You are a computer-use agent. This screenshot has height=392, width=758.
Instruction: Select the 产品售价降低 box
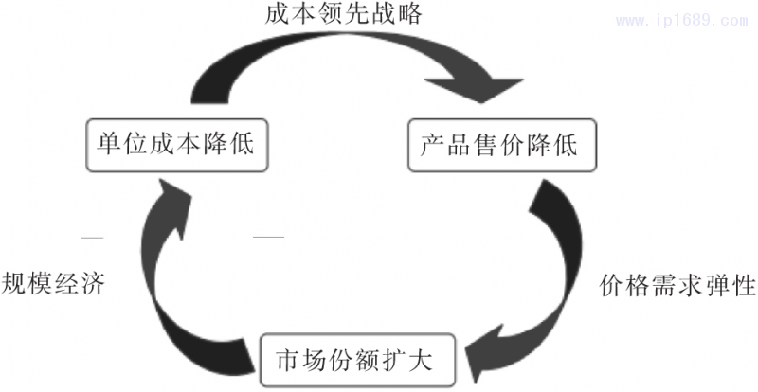(497, 145)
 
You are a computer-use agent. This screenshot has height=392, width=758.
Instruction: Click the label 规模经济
(52, 282)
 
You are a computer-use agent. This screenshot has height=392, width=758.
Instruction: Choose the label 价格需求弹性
(678, 285)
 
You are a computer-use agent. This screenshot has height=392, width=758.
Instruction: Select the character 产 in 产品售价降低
(432, 145)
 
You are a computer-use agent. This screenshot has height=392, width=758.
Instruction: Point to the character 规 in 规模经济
(14, 282)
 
